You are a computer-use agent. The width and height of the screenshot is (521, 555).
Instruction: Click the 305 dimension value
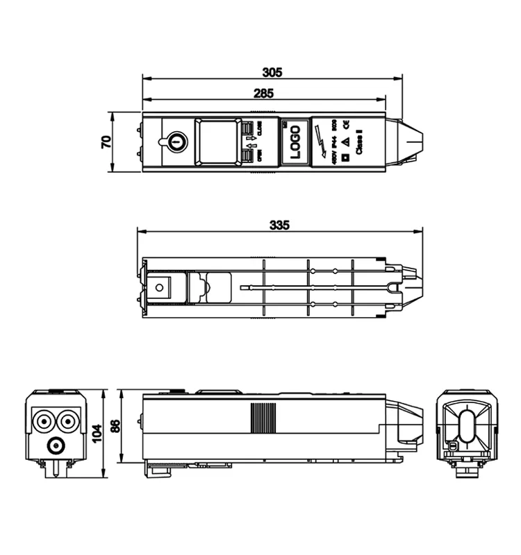(272, 72)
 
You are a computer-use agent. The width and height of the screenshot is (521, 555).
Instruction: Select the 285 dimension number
(263, 93)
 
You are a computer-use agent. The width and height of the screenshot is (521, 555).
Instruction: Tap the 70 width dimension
(106, 141)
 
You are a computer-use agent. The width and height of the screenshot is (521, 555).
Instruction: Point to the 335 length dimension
(279, 225)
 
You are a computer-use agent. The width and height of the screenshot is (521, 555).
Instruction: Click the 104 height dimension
(97, 433)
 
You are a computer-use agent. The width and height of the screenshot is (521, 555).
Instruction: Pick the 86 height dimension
(115, 426)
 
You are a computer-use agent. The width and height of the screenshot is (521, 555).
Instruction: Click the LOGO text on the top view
(294, 142)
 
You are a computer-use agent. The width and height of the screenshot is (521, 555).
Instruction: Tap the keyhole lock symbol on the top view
(176, 142)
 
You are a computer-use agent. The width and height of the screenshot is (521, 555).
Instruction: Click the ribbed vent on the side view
(263, 418)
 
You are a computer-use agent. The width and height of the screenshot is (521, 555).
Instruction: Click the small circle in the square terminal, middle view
(160, 287)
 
